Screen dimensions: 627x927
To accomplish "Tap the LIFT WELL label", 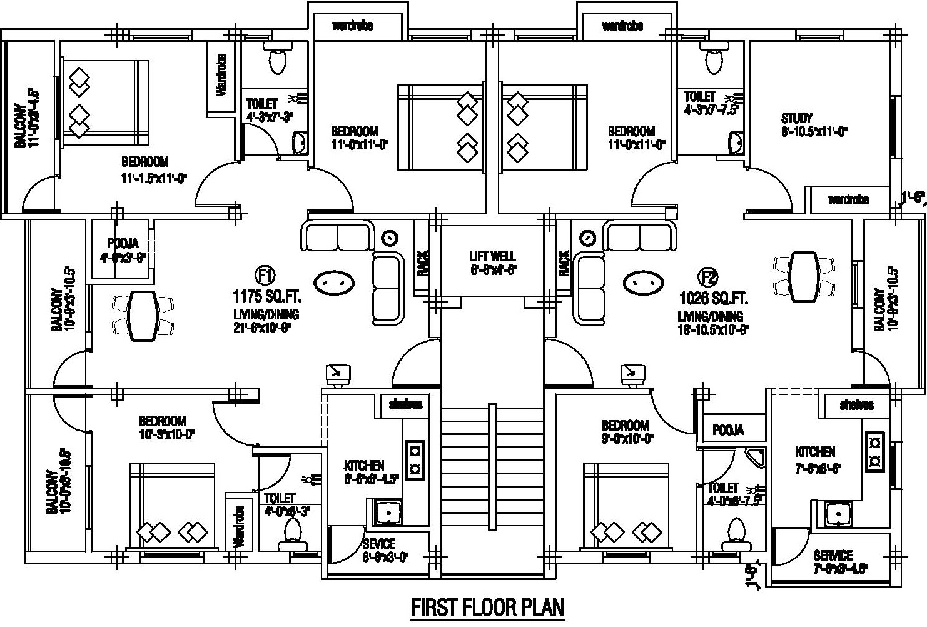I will pos(492,256).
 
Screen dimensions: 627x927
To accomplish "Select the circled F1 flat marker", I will pos(265,275).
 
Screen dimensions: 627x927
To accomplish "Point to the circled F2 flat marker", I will pos(709,276).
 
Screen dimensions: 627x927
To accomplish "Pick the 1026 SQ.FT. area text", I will pos(714,298).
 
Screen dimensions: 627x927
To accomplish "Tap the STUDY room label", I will pos(796,118).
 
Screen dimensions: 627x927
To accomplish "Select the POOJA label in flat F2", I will pos(728,430).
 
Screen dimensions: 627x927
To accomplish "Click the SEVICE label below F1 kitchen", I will pos(378,543).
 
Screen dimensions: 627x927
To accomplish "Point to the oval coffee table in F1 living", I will pos(333,283).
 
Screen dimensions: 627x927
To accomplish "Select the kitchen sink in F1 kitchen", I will pos(388,513).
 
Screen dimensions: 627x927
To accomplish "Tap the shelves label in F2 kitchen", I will pos(856,405).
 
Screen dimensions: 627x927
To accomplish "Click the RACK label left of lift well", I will pos(422,263).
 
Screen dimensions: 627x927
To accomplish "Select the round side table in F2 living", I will pos(587,239).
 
